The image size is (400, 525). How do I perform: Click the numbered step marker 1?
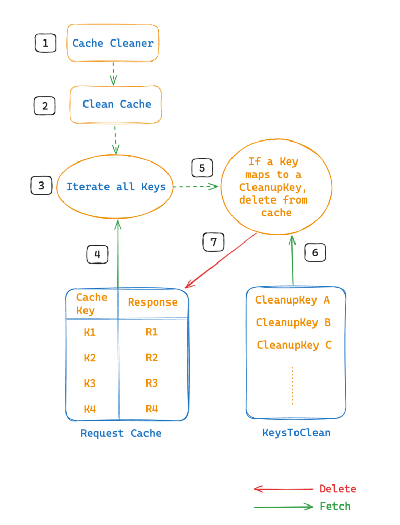point(46,43)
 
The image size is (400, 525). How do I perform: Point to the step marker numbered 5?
point(202,168)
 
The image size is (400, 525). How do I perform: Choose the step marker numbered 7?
point(214,242)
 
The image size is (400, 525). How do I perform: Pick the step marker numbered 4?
point(97,254)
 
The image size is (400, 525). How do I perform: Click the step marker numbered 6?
point(315,252)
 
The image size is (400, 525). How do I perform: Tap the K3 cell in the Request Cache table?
point(90,383)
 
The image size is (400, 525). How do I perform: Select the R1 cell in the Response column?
point(152,332)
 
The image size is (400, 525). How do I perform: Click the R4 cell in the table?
point(152,409)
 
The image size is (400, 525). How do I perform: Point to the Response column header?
point(153,302)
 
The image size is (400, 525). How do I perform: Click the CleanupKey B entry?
point(293,322)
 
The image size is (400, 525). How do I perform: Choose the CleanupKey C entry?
point(294,345)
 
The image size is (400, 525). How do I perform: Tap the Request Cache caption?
point(121,433)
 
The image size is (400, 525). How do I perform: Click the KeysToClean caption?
point(297,433)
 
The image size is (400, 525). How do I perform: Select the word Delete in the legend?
point(338,489)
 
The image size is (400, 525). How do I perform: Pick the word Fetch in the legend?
point(335,506)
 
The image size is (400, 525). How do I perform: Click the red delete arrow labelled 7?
point(221,260)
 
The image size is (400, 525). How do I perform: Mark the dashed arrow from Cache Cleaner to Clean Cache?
point(113,73)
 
